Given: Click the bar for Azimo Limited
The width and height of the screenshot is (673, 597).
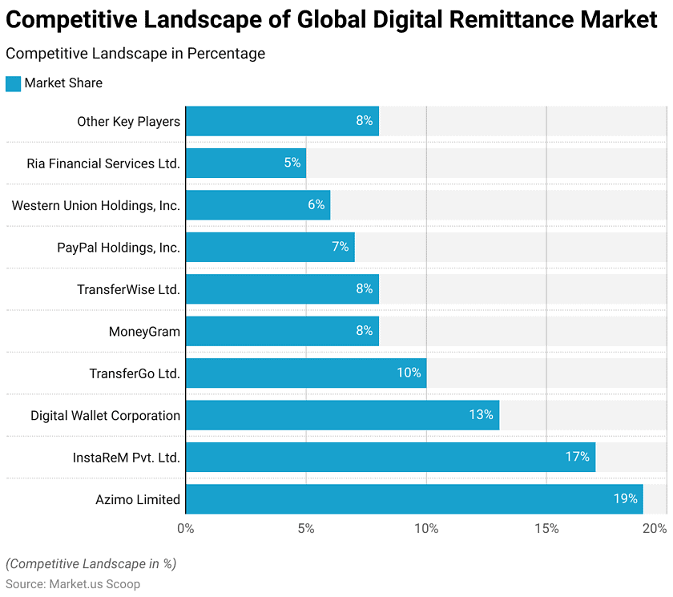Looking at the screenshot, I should click(x=413, y=498).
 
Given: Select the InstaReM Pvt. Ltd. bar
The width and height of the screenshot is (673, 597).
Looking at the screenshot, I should click(x=389, y=457).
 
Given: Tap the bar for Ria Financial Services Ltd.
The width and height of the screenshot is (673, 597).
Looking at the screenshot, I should click(x=245, y=163).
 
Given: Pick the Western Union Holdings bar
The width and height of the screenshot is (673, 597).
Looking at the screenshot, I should click(x=257, y=204).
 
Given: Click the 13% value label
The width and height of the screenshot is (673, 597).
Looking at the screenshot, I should click(x=481, y=415).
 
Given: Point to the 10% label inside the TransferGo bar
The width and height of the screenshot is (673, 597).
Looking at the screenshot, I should click(x=409, y=373).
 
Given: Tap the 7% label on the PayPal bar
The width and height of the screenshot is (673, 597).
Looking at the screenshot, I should click(x=341, y=247).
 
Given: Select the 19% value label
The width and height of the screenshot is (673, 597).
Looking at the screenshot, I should click(x=625, y=498).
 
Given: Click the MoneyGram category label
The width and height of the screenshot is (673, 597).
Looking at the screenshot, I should click(x=144, y=331).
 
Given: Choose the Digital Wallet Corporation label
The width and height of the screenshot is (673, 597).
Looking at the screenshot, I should click(x=105, y=415).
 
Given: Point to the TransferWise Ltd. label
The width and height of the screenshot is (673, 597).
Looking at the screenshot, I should click(x=128, y=289).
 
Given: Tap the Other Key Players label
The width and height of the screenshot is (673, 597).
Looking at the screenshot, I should click(x=128, y=121).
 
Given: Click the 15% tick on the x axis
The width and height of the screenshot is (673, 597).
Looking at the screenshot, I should click(x=546, y=528).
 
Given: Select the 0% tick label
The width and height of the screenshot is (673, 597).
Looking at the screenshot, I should click(x=185, y=528).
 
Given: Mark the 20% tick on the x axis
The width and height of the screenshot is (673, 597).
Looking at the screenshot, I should click(x=655, y=528).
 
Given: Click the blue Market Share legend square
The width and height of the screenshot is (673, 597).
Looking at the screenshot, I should click(x=13, y=83).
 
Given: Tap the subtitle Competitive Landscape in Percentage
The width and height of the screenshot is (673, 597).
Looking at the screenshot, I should click(x=135, y=54).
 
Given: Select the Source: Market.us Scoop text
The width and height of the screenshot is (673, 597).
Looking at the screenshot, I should click(x=73, y=584).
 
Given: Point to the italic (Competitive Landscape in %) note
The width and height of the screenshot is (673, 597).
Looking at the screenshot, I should click(x=91, y=563).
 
